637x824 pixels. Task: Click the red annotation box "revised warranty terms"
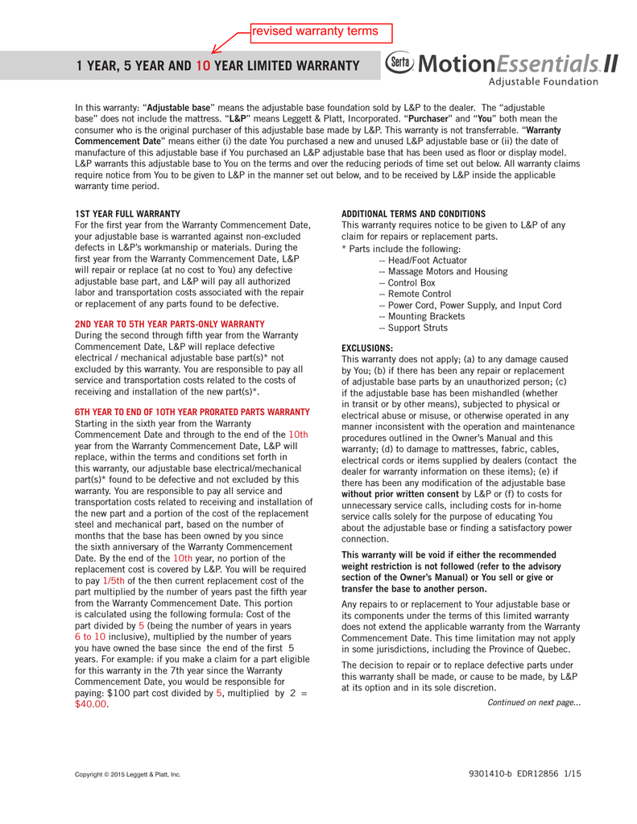tap(321, 31)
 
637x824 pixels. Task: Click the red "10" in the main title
tap(202, 65)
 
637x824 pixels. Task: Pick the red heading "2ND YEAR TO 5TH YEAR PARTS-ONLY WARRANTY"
tap(170, 324)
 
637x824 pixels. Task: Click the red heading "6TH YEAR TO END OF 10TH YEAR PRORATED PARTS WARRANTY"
tap(192, 411)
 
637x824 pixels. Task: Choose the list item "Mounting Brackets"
tap(424, 316)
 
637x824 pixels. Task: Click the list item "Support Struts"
tap(417, 328)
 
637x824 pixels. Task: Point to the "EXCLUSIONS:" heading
tap(368, 348)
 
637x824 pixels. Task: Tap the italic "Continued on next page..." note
tap(534, 702)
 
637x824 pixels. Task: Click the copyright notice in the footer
tap(128, 774)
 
